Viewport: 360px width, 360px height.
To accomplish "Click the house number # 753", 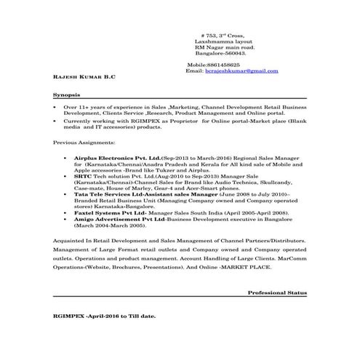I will point(210,36).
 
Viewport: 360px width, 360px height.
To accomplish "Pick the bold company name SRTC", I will point(81,175).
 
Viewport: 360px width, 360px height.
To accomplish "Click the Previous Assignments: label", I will point(83,143).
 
